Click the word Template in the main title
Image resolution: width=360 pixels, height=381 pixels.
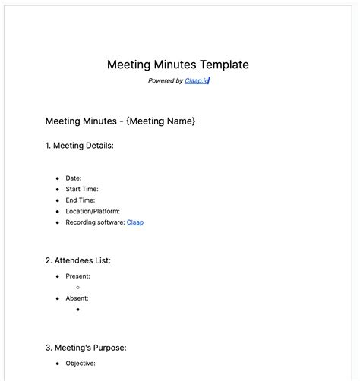pyautogui.click(x=222, y=65)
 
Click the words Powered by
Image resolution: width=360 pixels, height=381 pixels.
pyautogui.click(x=165, y=80)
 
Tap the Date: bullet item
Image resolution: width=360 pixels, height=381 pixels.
pyautogui.click(x=74, y=178)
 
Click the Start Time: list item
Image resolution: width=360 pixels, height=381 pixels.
pyautogui.click(x=82, y=189)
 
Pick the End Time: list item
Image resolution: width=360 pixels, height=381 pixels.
pyautogui.click(x=81, y=200)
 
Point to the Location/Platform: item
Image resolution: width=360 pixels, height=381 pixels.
pyautogui.click(x=93, y=211)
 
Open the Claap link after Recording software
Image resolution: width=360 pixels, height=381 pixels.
pyautogui.click(x=135, y=222)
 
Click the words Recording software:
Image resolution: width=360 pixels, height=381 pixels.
pyautogui.click(x=95, y=222)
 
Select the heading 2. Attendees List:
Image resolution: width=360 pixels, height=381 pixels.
pyautogui.click(x=77, y=260)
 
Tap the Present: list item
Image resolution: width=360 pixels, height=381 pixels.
pyautogui.click(x=77, y=276)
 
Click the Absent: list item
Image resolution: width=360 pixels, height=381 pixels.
pyautogui.click(x=77, y=298)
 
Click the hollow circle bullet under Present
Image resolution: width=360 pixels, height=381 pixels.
pyautogui.click(x=78, y=288)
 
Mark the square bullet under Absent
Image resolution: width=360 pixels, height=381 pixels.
pyautogui.click(x=78, y=310)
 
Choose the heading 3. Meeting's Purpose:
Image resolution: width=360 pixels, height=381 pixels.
pyautogui.click(x=86, y=348)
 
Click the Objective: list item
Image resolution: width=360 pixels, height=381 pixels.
pyautogui.click(x=81, y=364)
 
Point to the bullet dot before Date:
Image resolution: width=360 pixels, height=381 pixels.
pyautogui.click(x=57, y=178)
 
